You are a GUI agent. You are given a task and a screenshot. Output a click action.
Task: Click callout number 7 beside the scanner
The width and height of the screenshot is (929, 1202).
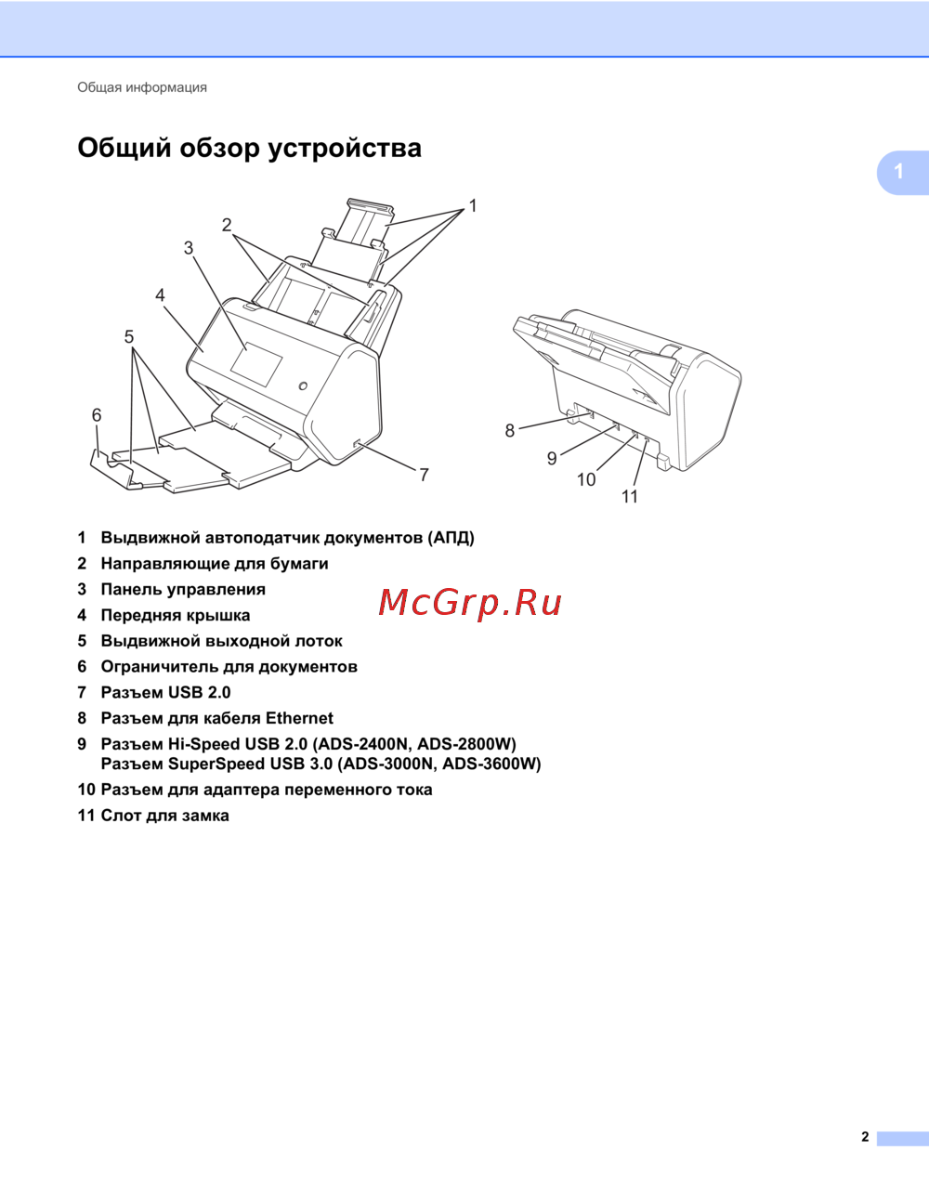pos(424,475)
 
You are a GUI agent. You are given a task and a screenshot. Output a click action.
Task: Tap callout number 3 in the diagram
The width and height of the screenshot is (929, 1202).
pos(189,248)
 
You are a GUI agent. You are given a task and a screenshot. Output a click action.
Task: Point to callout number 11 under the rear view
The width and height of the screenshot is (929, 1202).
pos(630,497)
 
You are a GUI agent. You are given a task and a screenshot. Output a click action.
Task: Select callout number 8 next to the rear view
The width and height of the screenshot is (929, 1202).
pos(509,430)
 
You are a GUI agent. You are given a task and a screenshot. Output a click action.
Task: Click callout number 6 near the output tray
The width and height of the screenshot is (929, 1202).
pos(97,415)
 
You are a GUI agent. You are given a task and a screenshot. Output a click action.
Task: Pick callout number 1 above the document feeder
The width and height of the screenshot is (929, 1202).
pos(473,206)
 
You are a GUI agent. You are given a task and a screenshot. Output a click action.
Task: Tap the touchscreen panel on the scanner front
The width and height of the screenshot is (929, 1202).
pos(256,364)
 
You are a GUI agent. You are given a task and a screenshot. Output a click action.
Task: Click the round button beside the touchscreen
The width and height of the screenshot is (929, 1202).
pos(303,385)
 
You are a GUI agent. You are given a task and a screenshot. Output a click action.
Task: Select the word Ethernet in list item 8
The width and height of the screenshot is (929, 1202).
pos(299,718)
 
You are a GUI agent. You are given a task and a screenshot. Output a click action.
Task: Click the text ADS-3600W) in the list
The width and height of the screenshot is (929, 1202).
pos(491,764)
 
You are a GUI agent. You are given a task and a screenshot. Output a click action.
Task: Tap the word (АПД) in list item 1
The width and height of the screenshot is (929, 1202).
pos(451,538)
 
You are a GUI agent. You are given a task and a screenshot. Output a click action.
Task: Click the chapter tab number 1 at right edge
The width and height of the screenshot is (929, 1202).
pos(898,172)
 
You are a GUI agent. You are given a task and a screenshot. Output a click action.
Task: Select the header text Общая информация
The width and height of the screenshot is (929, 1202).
pos(142,87)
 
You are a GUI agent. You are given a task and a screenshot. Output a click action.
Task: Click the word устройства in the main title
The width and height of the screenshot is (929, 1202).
pos(345,149)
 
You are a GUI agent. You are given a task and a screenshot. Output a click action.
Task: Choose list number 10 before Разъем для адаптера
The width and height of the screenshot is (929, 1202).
pos(86,790)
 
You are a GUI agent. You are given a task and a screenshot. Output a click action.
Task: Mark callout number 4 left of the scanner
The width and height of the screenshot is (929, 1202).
pos(160,294)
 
